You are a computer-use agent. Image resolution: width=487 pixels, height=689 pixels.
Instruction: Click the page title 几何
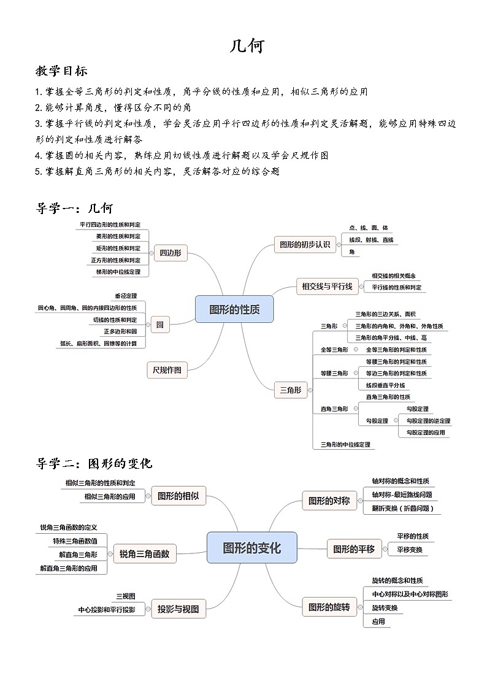pyautogui.click(x=247, y=45)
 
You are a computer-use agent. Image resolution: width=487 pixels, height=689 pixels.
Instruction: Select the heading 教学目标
pyautogui.click(x=61, y=71)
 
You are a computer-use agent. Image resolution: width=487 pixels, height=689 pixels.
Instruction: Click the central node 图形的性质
pyautogui.click(x=234, y=309)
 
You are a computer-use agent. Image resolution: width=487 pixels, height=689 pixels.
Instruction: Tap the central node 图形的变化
pyautogui.click(x=251, y=547)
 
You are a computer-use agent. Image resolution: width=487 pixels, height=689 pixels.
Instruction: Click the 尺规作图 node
pyautogui.click(x=167, y=369)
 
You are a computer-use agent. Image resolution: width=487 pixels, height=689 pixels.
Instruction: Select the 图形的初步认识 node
pyautogui.click(x=304, y=244)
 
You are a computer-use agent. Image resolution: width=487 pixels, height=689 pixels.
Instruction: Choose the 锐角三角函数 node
pyautogui.click(x=145, y=554)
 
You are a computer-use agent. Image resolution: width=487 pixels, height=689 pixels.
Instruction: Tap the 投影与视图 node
pyautogui.click(x=178, y=609)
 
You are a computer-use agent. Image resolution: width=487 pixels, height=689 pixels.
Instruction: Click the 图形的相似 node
pyautogui.click(x=178, y=496)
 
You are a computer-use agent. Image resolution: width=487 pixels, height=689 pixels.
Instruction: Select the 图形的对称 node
pyautogui.click(x=329, y=501)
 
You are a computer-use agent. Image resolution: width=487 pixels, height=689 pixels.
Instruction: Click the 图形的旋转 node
pyautogui.click(x=329, y=607)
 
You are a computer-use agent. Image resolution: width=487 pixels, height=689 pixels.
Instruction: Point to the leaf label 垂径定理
pyautogui.click(x=126, y=296)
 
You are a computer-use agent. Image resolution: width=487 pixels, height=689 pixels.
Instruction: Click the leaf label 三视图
pyautogui.click(x=126, y=596)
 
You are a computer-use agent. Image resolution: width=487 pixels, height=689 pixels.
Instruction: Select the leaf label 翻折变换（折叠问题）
pyautogui.click(x=406, y=508)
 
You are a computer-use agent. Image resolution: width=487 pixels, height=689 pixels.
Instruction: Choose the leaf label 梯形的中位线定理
pyautogui.click(x=118, y=271)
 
